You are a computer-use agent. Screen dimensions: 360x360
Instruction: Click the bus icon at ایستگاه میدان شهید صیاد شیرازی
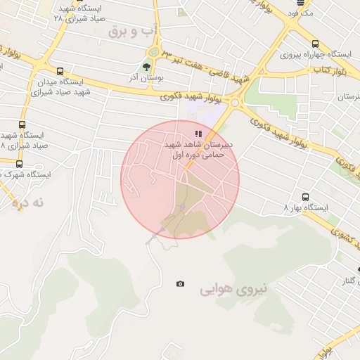[60, 71]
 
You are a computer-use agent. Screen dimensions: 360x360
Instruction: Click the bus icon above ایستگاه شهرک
[19, 165]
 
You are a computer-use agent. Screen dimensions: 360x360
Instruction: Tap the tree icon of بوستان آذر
[146, 67]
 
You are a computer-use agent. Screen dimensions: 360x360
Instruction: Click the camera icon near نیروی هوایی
[181, 283]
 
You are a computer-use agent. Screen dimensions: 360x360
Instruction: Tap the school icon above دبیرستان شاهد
[198, 133]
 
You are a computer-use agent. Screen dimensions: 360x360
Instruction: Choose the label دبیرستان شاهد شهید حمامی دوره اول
[199, 149]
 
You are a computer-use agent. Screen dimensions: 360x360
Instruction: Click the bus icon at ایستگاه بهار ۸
[305, 197]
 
